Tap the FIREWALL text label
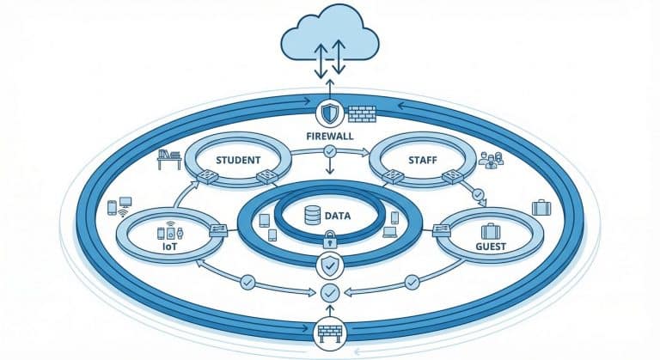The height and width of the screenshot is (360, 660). [x=330, y=136]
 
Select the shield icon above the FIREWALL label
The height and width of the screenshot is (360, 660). [x=330, y=113]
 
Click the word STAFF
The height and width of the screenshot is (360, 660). [x=421, y=160]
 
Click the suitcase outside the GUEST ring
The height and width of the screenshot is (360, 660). [x=541, y=207]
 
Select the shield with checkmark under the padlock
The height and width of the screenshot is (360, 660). [x=330, y=263]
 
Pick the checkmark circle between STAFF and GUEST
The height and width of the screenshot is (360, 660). [x=479, y=194]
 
